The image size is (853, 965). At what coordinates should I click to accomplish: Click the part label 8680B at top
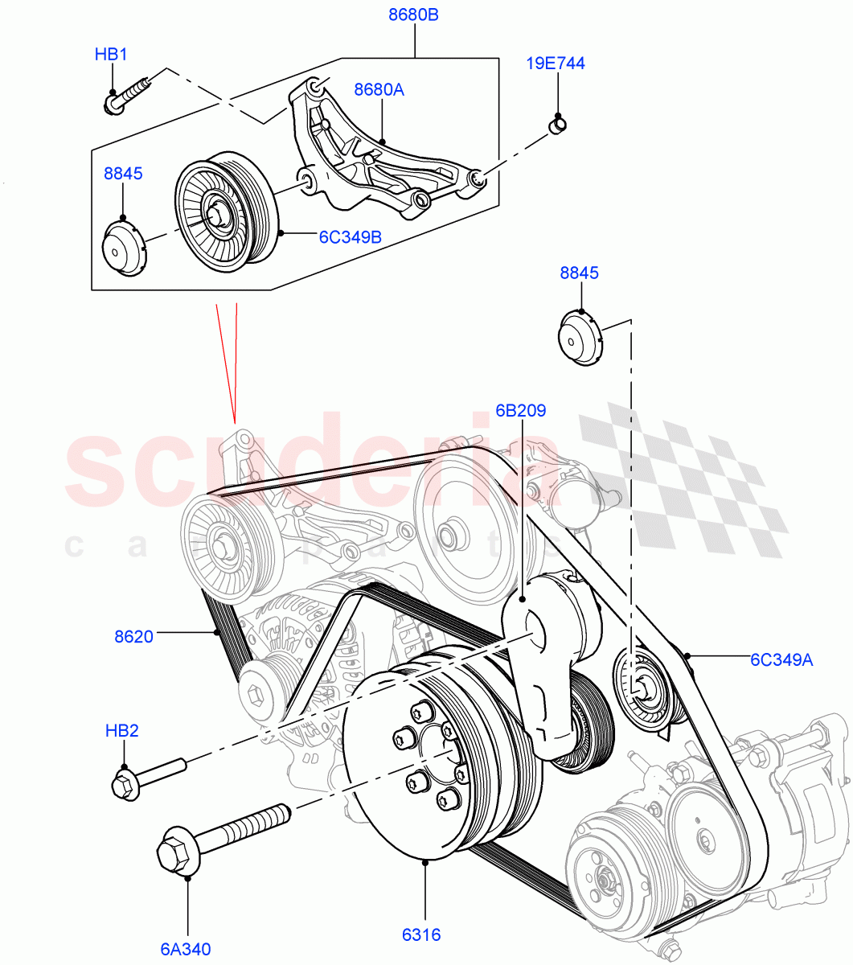414,15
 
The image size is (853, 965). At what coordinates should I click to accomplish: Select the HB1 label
111,55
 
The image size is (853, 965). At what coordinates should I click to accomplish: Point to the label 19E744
556,63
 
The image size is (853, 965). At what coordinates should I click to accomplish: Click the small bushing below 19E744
557,123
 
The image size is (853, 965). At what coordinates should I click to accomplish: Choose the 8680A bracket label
379,89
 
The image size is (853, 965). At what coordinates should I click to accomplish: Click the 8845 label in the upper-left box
122,173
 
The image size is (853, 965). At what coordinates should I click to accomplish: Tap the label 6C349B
350,236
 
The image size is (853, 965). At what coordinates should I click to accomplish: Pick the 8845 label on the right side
579,273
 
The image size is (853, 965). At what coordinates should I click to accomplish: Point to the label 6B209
520,411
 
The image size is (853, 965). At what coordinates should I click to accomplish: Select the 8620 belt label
133,636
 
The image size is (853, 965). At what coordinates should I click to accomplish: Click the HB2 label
122,730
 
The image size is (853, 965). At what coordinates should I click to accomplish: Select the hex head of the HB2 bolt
125,784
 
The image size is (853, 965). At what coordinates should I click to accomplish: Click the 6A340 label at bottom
185,949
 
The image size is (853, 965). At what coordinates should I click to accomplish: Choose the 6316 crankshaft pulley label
421,934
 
